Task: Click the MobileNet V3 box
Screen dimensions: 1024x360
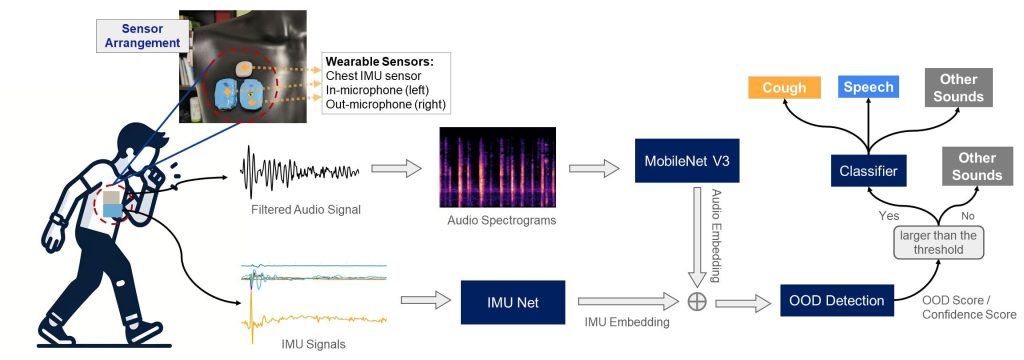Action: (x=687, y=160)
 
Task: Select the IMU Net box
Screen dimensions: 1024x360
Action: (x=513, y=302)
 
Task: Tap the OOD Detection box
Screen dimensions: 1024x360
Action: (x=837, y=301)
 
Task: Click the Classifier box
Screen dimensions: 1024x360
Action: (x=869, y=171)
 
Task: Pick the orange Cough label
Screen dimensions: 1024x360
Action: (x=784, y=88)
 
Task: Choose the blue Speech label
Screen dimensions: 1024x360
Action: (x=868, y=87)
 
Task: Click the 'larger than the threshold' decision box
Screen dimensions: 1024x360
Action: (x=938, y=242)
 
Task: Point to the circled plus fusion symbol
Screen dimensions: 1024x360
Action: (x=697, y=301)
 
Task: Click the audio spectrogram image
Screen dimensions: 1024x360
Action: (x=498, y=167)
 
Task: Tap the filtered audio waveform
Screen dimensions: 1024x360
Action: (x=300, y=171)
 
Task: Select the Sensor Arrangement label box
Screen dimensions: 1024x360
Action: (x=143, y=36)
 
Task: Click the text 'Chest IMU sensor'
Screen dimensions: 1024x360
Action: (x=369, y=76)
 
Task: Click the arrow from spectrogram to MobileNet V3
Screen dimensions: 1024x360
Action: (x=594, y=169)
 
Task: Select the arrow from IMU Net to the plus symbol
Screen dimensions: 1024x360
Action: (x=629, y=301)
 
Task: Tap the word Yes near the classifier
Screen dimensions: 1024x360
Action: (x=889, y=216)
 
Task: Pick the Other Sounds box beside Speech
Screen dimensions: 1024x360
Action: (x=959, y=88)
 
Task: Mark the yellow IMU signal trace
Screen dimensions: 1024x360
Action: (x=313, y=320)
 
